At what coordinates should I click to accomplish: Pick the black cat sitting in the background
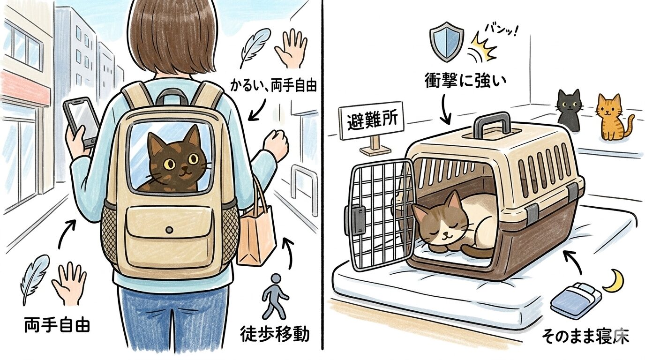[568, 110]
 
